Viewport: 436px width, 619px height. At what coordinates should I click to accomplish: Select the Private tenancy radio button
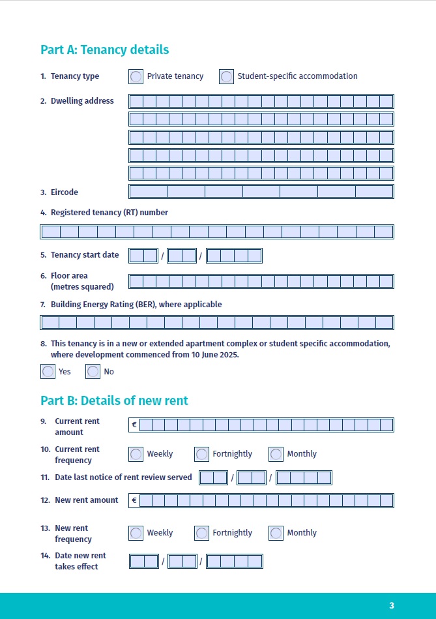tap(136, 76)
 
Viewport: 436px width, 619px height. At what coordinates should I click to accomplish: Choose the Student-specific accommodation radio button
tap(226, 76)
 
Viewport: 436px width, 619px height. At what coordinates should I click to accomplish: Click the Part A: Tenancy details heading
tap(104, 50)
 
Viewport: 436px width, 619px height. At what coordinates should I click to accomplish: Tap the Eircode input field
tap(261, 191)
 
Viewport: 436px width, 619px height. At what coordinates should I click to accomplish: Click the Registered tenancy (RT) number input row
tap(217, 232)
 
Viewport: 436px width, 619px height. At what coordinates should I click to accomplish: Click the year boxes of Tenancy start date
tap(234, 256)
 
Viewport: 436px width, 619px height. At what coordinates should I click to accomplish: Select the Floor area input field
tap(261, 281)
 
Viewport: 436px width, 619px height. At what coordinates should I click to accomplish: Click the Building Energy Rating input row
tap(217, 322)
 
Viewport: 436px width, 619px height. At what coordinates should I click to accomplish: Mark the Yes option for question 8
tap(48, 371)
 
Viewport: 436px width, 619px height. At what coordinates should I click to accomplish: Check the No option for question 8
tap(93, 371)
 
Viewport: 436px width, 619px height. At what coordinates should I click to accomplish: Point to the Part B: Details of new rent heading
tap(114, 400)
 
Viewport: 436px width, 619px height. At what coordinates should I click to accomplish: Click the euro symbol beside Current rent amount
tap(134, 425)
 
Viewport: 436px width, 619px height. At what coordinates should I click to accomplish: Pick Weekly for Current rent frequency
tap(136, 454)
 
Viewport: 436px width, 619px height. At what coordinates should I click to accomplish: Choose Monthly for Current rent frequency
tap(276, 454)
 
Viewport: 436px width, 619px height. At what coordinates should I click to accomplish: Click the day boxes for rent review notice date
tap(213, 478)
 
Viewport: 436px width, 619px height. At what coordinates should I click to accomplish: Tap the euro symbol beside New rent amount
tap(134, 500)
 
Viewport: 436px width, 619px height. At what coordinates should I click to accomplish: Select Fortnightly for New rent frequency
tap(201, 533)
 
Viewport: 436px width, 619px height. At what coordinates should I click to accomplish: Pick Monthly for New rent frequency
tap(276, 533)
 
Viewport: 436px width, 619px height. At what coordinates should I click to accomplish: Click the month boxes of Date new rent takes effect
tap(182, 561)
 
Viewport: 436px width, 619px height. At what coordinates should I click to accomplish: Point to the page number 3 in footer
tap(392, 605)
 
